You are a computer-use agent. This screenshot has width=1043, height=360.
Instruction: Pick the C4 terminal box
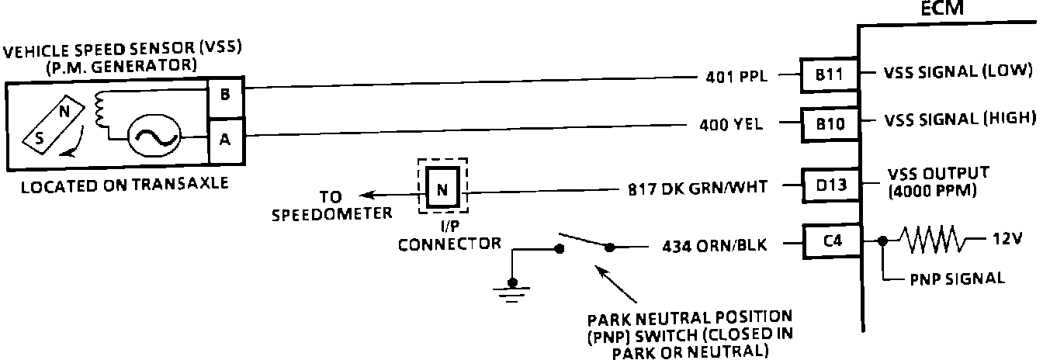click(x=831, y=241)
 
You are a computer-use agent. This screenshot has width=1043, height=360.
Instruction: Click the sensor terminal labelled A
click(x=225, y=139)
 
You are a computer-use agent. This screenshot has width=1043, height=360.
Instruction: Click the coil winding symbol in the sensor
click(x=99, y=111)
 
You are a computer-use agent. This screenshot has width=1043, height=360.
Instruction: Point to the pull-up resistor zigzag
click(x=934, y=241)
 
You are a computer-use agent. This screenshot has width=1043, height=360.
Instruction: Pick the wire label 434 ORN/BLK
click(x=713, y=247)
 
